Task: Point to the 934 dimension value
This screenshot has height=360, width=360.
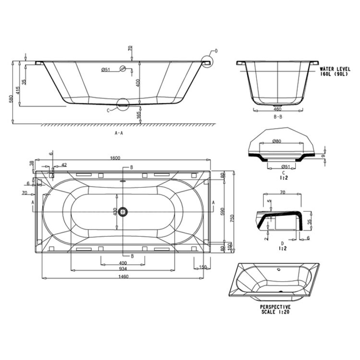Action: (123, 269)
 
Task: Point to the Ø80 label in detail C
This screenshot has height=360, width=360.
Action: (276, 141)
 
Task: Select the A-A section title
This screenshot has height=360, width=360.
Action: (119, 133)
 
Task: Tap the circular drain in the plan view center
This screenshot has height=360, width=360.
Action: (124, 211)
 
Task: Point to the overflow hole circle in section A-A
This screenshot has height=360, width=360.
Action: (123, 68)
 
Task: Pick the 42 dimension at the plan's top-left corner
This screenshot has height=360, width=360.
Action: (64, 165)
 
